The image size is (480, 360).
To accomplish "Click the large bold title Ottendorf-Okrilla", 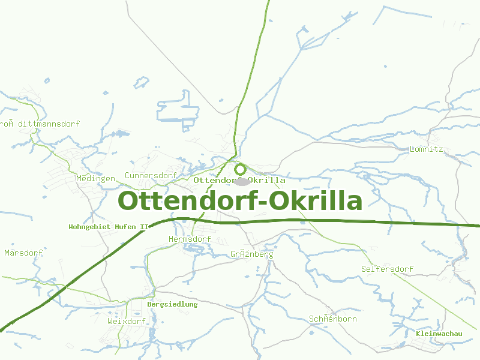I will (x=240, y=200).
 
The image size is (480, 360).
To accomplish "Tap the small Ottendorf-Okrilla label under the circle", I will (x=239, y=180).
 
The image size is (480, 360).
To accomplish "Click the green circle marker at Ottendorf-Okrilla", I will (x=240, y=169).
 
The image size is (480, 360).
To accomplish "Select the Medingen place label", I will (x=95, y=178).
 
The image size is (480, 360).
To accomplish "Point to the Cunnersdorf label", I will (x=151, y=175).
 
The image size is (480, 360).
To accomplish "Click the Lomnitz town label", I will (x=426, y=149).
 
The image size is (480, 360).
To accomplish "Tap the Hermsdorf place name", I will (x=190, y=239).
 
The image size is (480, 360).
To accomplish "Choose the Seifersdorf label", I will (x=387, y=269).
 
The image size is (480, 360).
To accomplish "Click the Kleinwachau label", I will (x=439, y=333).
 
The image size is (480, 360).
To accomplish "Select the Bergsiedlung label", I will (x=172, y=304).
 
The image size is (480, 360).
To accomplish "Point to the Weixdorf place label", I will (x=127, y=321).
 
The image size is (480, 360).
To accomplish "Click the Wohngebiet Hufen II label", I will (x=109, y=227).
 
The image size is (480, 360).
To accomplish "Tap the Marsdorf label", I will (x=23, y=253).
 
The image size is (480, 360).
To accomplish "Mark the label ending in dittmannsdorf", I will (x=40, y=124).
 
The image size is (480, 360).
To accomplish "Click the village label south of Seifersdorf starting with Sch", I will (x=332, y=319).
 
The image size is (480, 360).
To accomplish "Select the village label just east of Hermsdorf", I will (x=251, y=254).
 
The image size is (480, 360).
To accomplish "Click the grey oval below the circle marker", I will (x=241, y=181).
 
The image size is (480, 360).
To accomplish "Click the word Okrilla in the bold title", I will (x=318, y=200).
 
